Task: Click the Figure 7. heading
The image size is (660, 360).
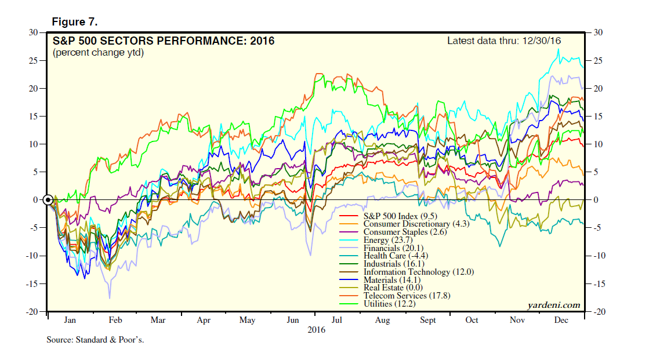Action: pyautogui.click(x=74, y=22)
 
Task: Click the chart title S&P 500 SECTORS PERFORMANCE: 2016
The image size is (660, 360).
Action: pyautogui.click(x=164, y=41)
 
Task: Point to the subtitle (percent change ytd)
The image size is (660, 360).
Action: pyautogui.click(x=98, y=53)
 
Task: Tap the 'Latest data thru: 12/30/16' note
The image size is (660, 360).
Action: pyautogui.click(x=504, y=41)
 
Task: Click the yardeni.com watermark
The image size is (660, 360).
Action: pyautogui.click(x=553, y=306)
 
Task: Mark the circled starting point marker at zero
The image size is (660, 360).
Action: pyautogui.click(x=49, y=200)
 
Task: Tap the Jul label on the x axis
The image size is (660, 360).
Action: pyautogui.click(x=336, y=320)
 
